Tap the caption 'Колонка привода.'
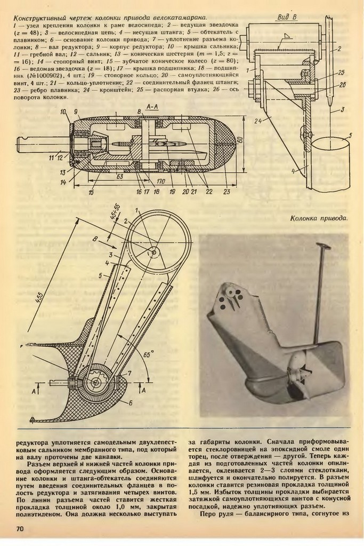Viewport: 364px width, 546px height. click(x=320, y=218)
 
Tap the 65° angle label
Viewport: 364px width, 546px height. click(x=159, y=353)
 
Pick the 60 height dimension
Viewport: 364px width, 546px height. click(x=241, y=142)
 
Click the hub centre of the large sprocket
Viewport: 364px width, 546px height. click(x=153, y=251)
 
